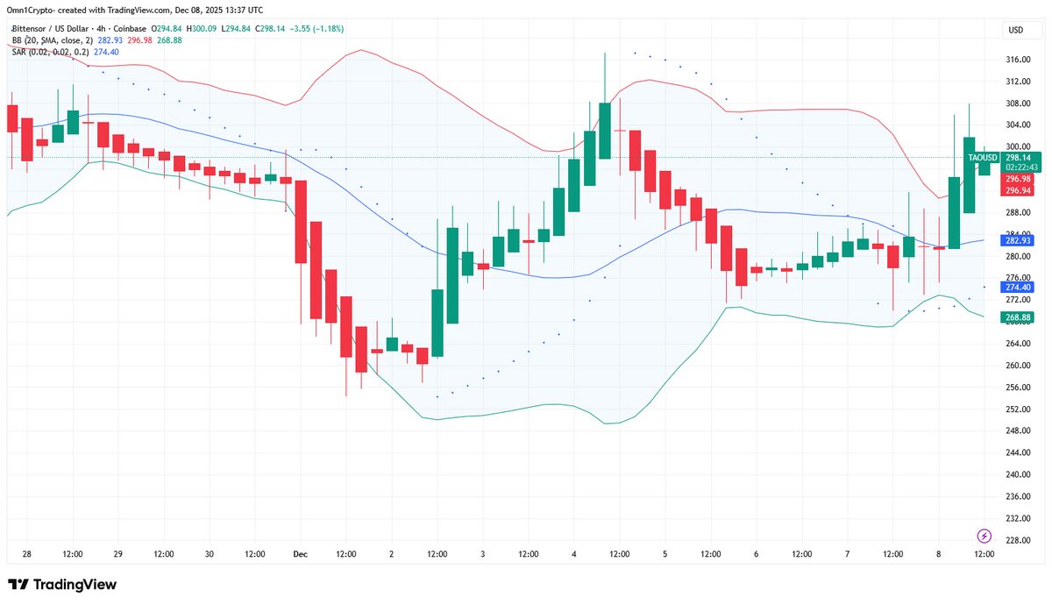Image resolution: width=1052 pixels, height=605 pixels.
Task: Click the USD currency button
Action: [x=1016, y=30]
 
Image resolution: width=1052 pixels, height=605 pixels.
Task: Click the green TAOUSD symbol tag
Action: [x=983, y=158]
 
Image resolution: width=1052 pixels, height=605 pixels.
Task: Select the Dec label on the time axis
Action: [x=301, y=554]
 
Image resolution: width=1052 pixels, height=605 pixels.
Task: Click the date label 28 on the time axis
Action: [x=27, y=554]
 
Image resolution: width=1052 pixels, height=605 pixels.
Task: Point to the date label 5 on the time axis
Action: [x=665, y=554]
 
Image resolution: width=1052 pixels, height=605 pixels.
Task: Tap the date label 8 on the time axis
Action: [x=939, y=554]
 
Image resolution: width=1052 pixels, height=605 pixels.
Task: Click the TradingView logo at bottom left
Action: [x=62, y=585]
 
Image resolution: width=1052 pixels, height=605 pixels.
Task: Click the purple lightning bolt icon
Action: [x=984, y=536]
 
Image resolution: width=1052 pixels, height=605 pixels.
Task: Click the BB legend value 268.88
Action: [x=168, y=40]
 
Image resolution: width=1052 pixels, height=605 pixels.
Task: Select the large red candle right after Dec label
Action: [x=301, y=221]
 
